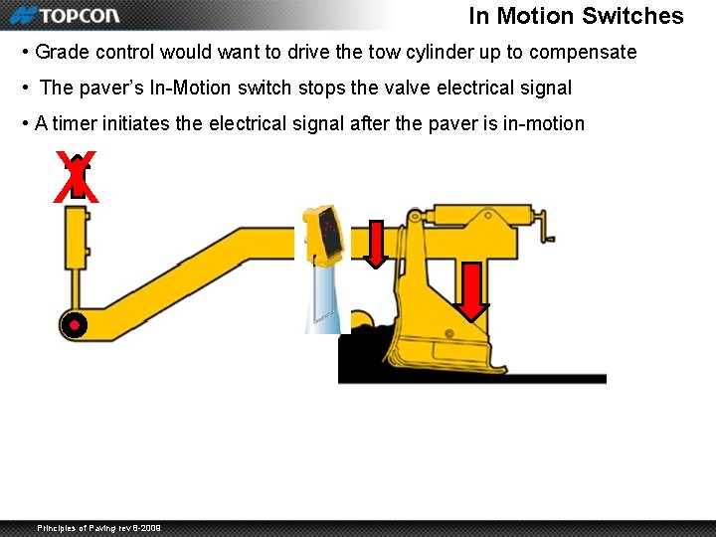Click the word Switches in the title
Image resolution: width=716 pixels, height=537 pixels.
[x=632, y=16]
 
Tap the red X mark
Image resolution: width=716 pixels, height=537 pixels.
[x=77, y=178]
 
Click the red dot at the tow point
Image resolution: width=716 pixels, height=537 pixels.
[x=74, y=324]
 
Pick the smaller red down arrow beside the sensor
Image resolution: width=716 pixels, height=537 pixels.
[x=375, y=245]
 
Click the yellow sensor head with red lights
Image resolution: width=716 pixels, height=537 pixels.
[x=326, y=232]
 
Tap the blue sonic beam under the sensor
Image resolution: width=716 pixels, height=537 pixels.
[x=322, y=294]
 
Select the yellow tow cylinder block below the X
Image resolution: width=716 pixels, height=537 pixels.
[x=77, y=239]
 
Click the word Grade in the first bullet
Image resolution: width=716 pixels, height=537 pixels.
[x=60, y=52]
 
